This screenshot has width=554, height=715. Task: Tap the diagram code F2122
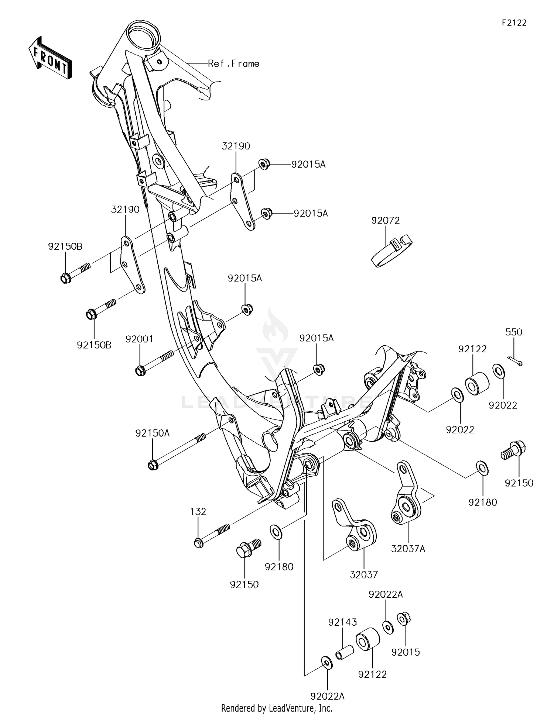pos(514,23)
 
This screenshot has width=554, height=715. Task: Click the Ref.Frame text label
pos(233,64)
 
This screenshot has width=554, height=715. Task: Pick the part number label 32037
pos(364,574)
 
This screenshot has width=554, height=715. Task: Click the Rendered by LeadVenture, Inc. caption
pos(277,708)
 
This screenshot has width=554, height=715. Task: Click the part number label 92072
pos(385,221)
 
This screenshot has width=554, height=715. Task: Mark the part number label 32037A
pos(408,549)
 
